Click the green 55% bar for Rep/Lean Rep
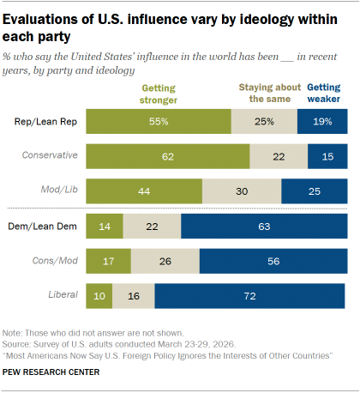pos(159,122)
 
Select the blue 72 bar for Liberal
pos(249,296)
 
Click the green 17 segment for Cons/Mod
pos(108,261)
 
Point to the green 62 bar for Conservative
pos(167,156)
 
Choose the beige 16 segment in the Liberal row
pos(133,296)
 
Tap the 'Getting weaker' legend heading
pos(324,92)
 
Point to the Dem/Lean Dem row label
pos(45,226)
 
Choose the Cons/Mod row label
pos(54,261)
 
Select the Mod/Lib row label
pos(58,190)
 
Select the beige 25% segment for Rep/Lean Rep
pos(264,122)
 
